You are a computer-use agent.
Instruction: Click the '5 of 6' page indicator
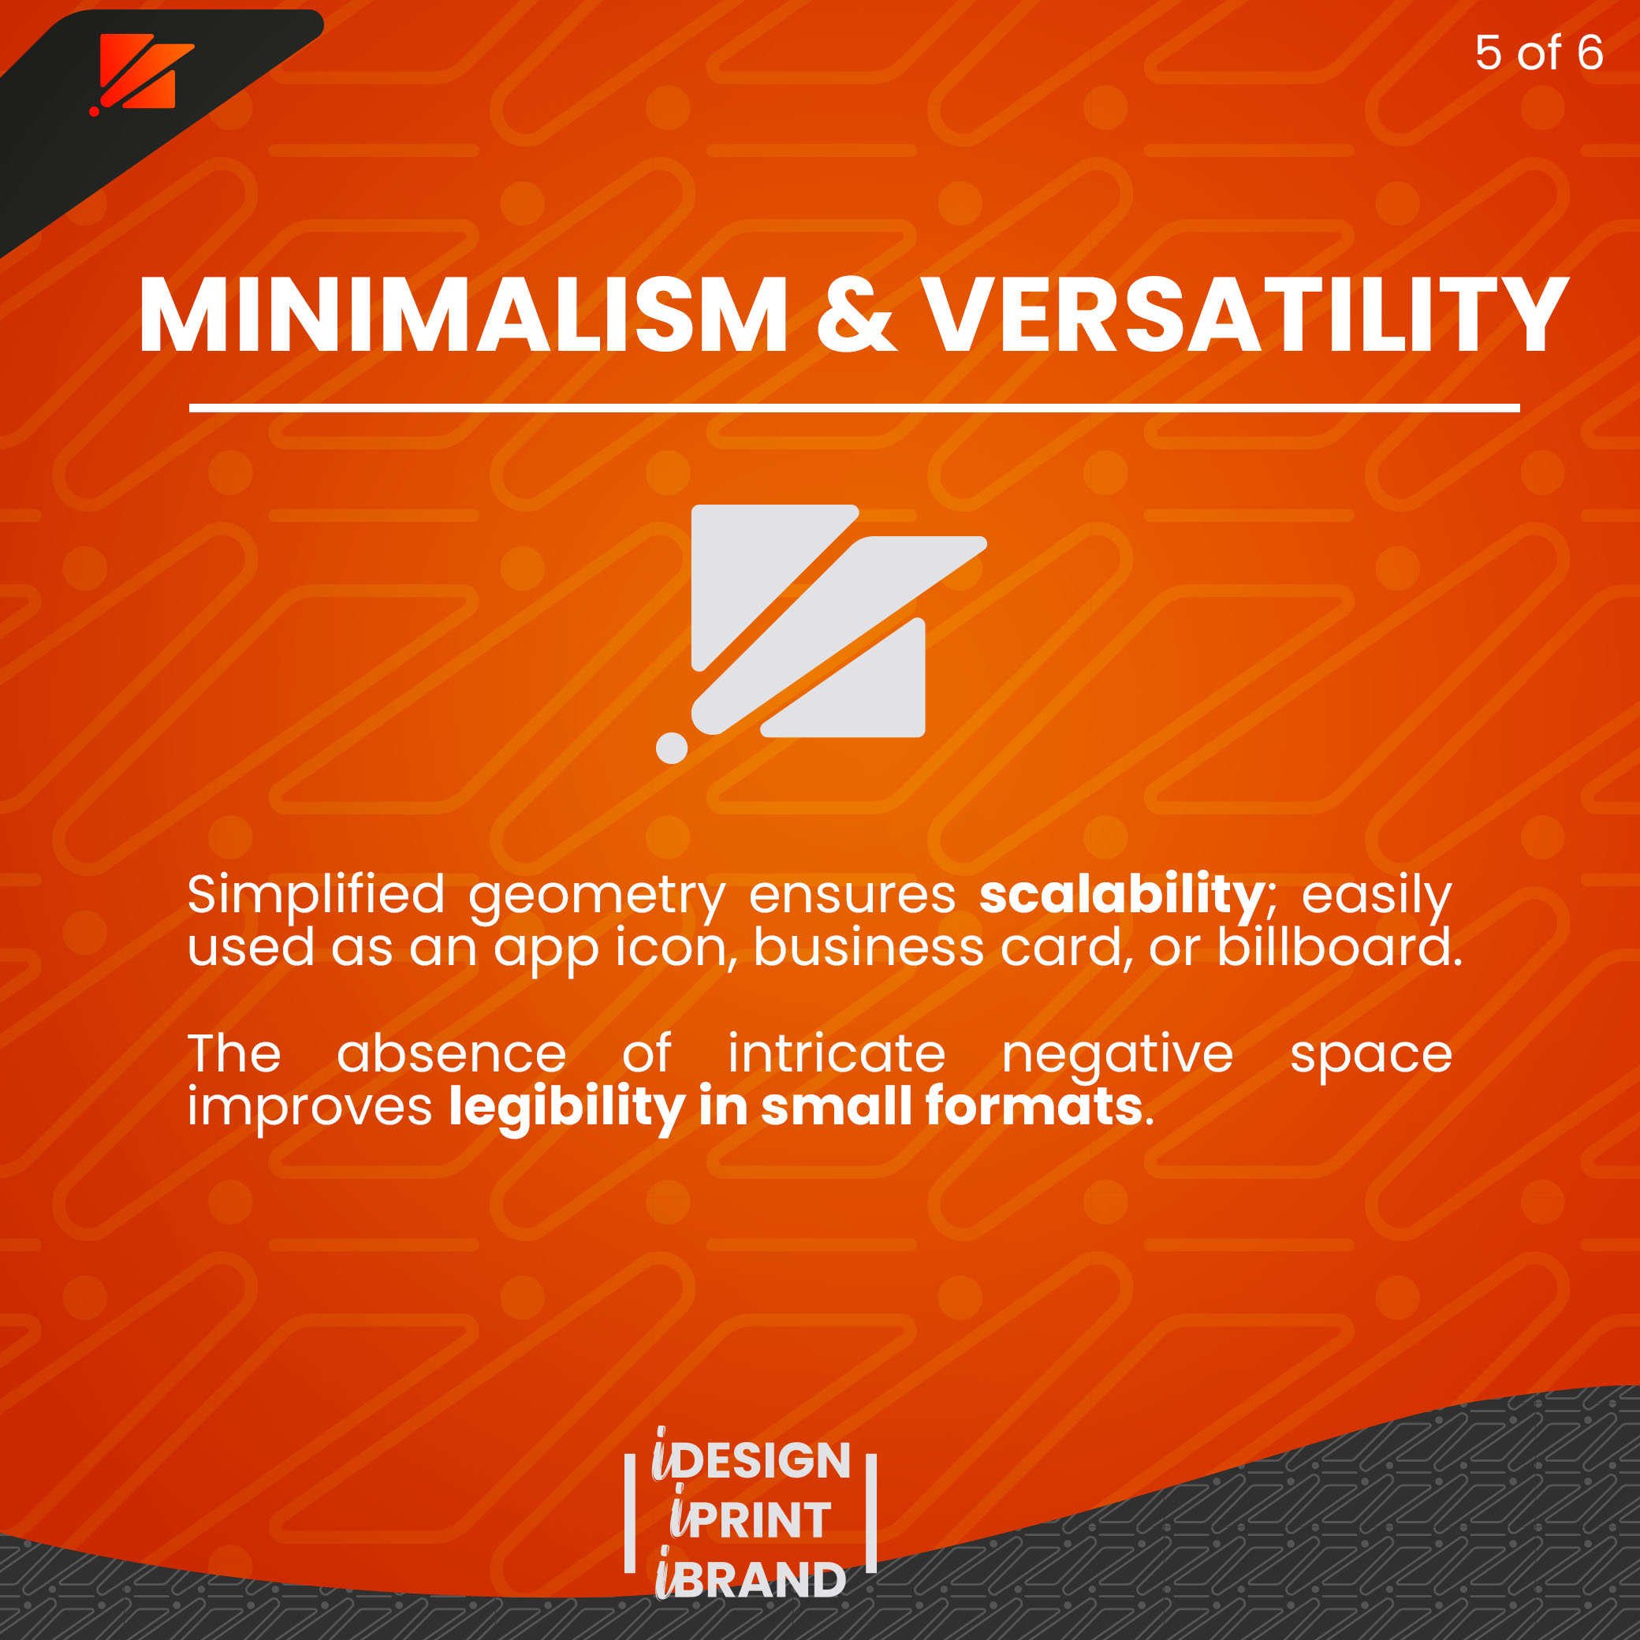tap(1539, 53)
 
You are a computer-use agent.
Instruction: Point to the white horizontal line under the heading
tap(854, 408)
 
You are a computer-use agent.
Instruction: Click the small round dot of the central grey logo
tap(672, 747)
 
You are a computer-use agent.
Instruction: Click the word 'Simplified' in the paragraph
tap(315, 896)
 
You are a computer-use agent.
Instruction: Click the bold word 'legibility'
tap(566, 1108)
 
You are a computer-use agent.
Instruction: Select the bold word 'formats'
tap(1034, 1105)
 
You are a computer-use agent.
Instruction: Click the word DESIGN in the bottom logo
tap(763, 1460)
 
